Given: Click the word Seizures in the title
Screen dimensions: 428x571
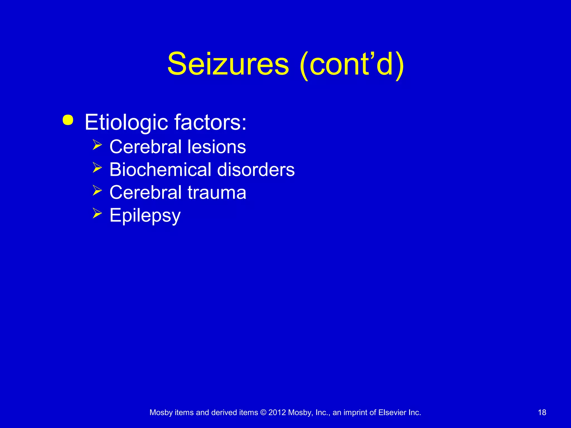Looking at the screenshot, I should [x=228, y=64].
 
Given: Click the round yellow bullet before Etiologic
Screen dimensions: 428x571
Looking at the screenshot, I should [x=68, y=120].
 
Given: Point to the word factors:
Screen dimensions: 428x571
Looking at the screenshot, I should [x=211, y=122].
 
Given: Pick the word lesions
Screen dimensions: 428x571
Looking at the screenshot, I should [x=217, y=147].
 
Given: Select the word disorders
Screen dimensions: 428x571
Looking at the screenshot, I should [x=256, y=169].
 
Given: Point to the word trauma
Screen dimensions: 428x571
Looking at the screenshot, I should [x=217, y=193].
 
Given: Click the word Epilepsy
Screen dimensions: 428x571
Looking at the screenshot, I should [x=145, y=216].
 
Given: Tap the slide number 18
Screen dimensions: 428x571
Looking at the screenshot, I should [x=542, y=412].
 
